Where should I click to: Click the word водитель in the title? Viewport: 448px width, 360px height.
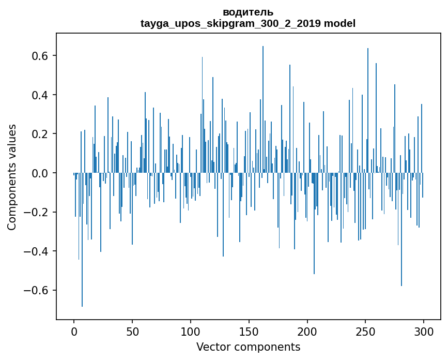pos(248,12)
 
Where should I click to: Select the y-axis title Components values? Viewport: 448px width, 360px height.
pos(12,177)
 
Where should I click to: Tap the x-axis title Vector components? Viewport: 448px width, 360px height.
pos(248,347)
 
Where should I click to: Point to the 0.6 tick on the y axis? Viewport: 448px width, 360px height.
pos(41,56)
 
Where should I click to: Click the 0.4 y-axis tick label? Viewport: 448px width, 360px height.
pos(41,95)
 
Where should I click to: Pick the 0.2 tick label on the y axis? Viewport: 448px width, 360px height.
pos(41,134)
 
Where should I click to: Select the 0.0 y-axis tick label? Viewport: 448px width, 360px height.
pos(41,173)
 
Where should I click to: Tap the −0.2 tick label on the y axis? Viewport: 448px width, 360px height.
pos(38,212)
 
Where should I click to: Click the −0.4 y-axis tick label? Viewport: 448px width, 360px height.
pos(38,251)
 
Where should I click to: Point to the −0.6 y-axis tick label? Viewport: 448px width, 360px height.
pos(38,290)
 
